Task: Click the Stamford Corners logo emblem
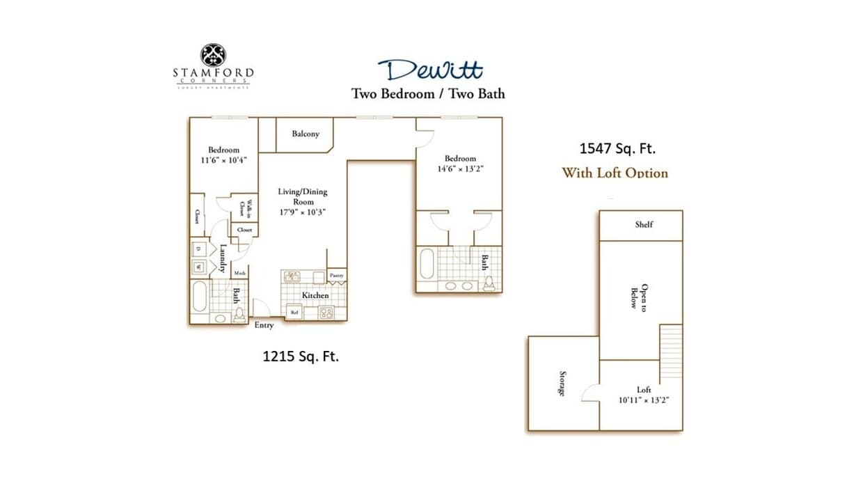(x=213, y=55)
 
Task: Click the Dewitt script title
(x=430, y=70)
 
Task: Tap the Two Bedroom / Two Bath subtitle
(x=427, y=93)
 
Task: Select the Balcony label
(x=306, y=134)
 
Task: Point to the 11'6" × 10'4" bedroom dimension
(x=223, y=159)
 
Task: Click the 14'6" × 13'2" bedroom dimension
(x=460, y=168)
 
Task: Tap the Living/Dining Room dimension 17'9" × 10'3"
(x=302, y=212)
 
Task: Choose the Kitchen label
(x=315, y=295)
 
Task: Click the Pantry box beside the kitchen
(x=337, y=275)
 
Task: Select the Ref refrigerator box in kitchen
(x=294, y=313)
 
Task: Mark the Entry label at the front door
(x=264, y=325)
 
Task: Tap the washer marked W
(x=198, y=267)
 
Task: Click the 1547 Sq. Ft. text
(x=617, y=148)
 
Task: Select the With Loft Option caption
(x=615, y=173)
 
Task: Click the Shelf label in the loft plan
(x=644, y=224)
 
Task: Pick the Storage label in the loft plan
(x=562, y=384)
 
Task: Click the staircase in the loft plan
(x=671, y=341)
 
